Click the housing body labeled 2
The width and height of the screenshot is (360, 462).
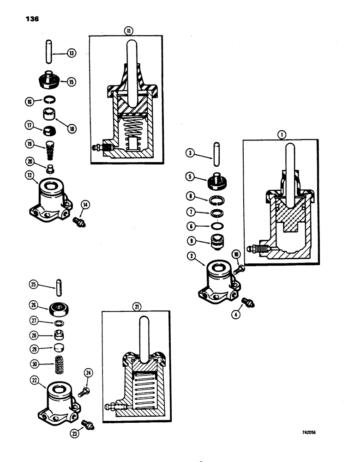tap(218, 281)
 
